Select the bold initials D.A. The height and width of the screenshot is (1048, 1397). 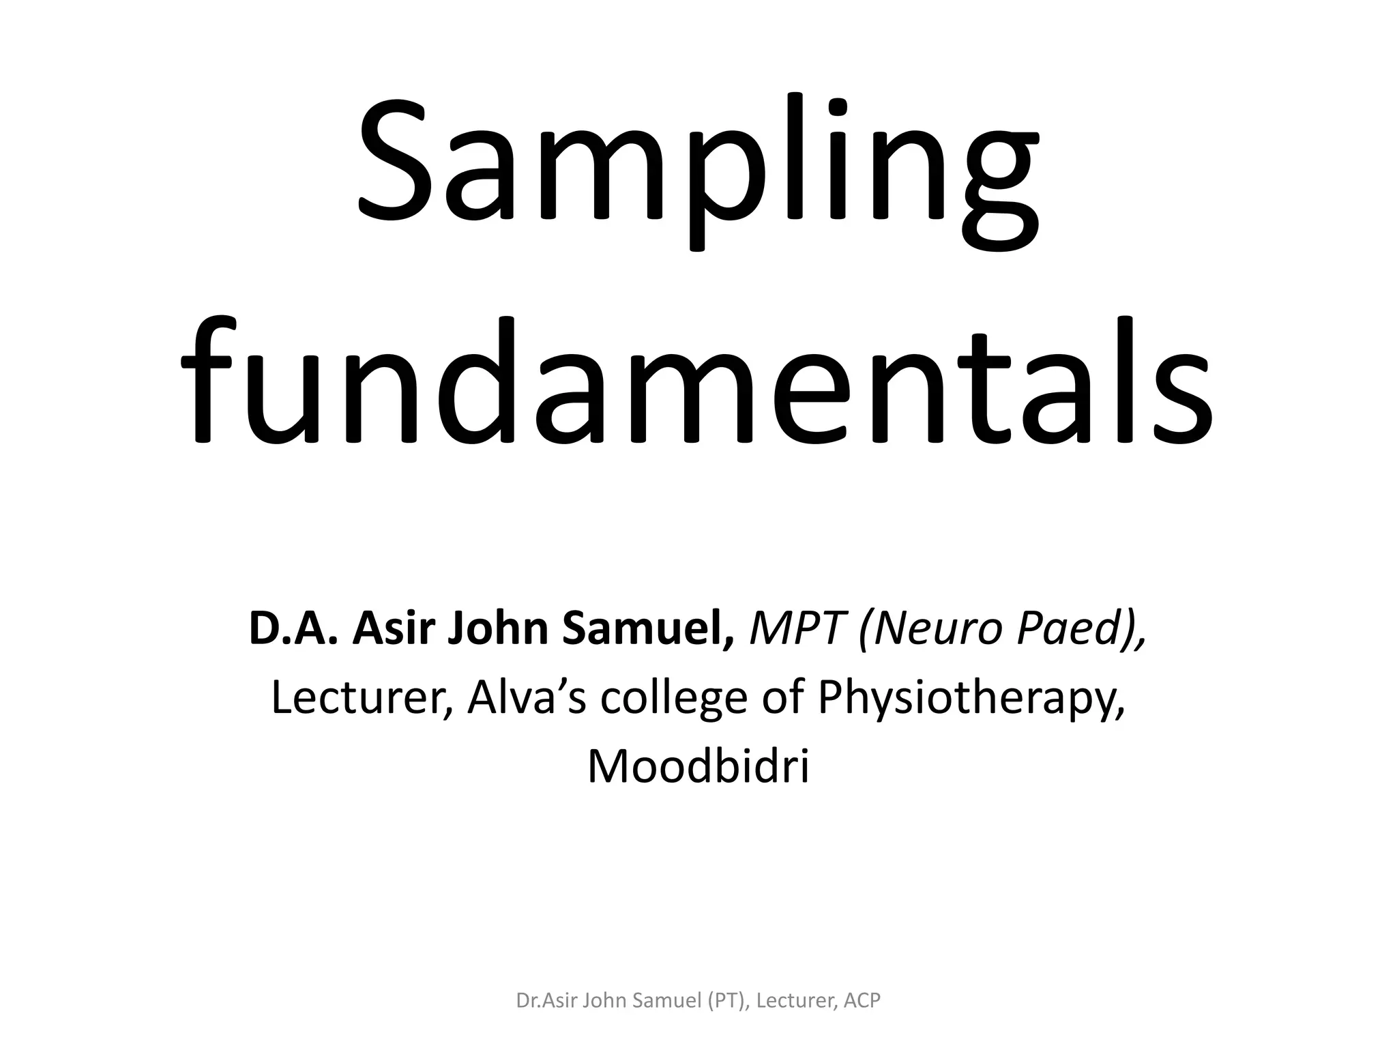(293, 628)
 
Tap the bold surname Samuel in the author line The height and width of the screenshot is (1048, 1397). (648, 628)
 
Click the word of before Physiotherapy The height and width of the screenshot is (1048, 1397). (784, 697)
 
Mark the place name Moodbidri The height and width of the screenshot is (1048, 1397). (698, 766)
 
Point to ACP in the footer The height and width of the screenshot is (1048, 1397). (862, 1001)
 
